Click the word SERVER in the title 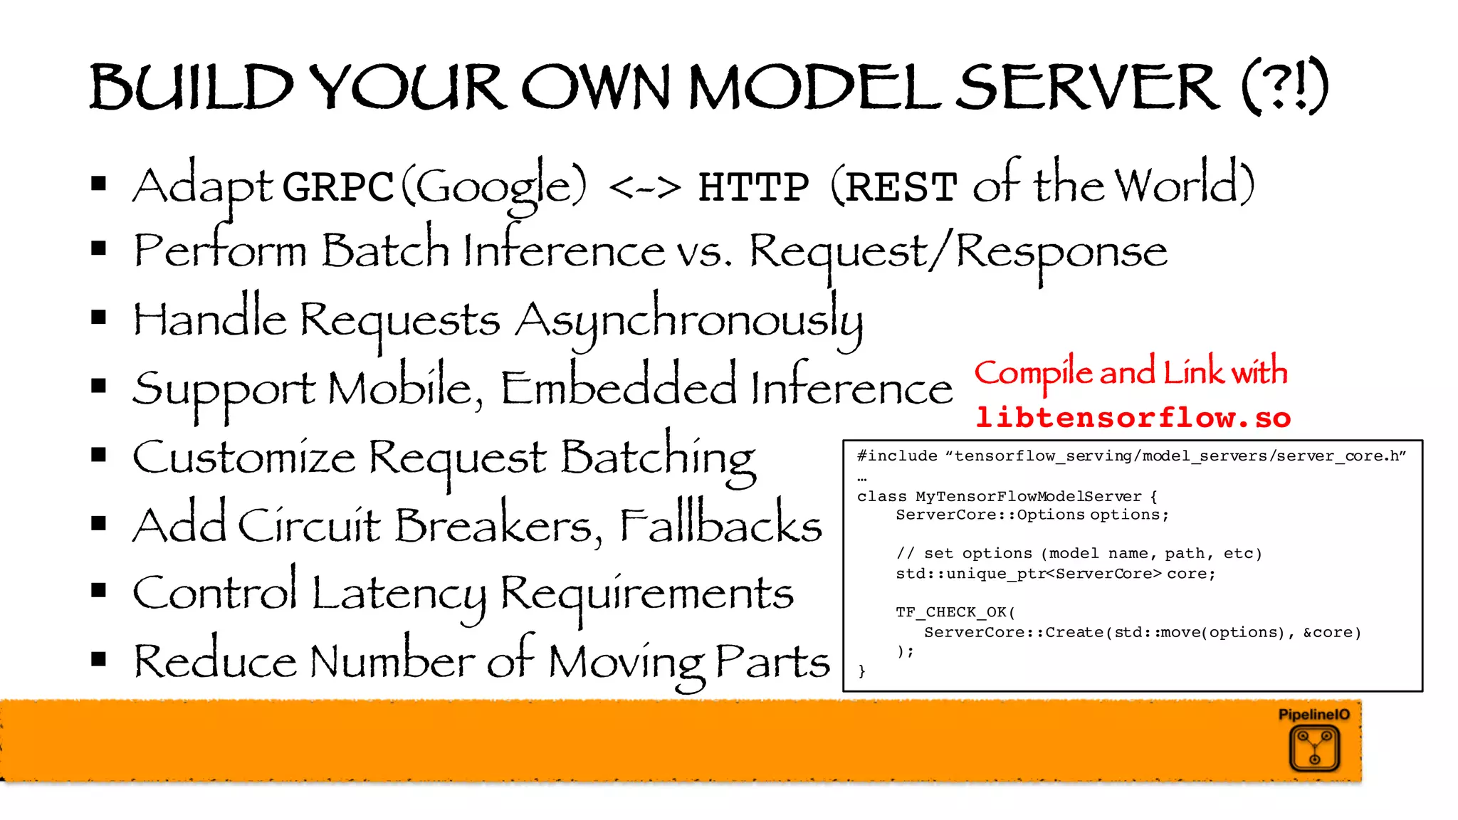click(x=1086, y=87)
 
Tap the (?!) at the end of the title click(x=1285, y=87)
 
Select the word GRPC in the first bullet click(x=337, y=186)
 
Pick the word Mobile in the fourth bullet click(x=403, y=389)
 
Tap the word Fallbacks click(x=720, y=525)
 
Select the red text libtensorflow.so click(x=1133, y=418)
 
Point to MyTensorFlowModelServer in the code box click(x=1028, y=496)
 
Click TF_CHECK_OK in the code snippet click(x=951, y=612)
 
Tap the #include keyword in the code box click(x=897, y=456)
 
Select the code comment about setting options click(x=1079, y=554)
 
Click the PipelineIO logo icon click(x=1314, y=748)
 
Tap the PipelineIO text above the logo click(x=1313, y=715)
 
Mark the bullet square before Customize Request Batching click(x=99, y=455)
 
